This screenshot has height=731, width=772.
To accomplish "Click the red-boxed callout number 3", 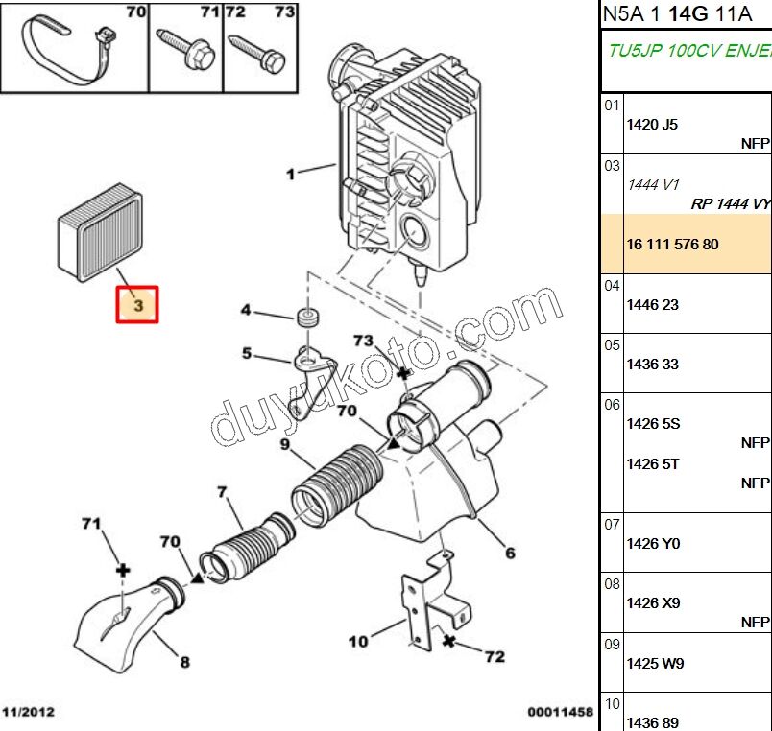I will coord(137,306).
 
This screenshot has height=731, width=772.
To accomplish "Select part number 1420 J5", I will coord(652,125).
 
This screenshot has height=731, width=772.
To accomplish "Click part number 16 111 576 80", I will coord(672,245).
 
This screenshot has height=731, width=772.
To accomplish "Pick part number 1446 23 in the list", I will coord(652,305).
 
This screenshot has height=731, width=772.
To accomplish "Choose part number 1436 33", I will coord(652,365).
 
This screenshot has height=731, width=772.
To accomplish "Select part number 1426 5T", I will coord(653,464).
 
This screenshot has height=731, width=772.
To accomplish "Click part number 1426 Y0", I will coord(653,544).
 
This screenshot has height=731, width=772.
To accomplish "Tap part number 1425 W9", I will coord(653,664).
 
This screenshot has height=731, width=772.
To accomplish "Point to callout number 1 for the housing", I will coord(290,175).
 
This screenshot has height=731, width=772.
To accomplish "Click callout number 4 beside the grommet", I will coord(246,310).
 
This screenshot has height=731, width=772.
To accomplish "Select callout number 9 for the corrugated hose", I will coord(284,444).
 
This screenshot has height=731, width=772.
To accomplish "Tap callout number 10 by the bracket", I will coord(358,641).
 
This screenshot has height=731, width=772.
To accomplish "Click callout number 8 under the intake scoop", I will coord(184,661).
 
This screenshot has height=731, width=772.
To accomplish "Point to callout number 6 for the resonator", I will coord(510,553).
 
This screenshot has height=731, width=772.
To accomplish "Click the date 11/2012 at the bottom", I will coord(28,713).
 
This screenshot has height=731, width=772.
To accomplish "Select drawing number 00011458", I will coord(560,713).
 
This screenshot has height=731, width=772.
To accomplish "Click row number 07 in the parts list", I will coord(612,524).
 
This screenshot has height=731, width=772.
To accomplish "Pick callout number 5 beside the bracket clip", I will coord(247,354).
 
